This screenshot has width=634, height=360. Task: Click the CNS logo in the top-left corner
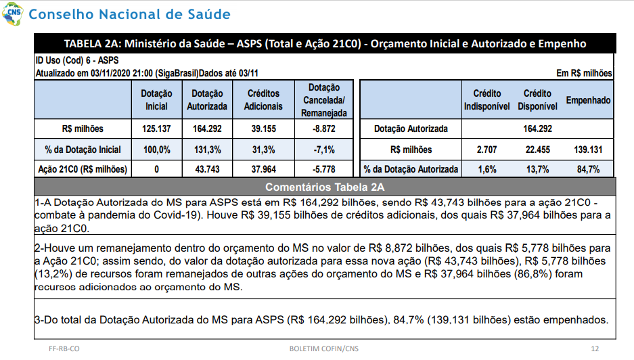pyautogui.click(x=12, y=14)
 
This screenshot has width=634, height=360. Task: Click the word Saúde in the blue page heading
pyautogui.click(x=208, y=14)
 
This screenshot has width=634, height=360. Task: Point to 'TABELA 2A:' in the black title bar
pyautogui.click(x=93, y=44)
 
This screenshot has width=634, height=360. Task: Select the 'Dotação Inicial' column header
pyautogui.click(x=156, y=99)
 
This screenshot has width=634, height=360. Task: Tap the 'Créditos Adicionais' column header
pyautogui.click(x=263, y=99)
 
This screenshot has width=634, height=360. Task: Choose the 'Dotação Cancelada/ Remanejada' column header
pyautogui.click(x=324, y=100)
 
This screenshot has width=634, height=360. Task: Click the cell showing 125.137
pyautogui.click(x=156, y=129)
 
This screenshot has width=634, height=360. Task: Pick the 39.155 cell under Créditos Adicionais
pyautogui.click(x=264, y=129)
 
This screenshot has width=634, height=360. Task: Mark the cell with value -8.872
pyautogui.click(x=324, y=129)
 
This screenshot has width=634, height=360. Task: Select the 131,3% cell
pyautogui.click(x=208, y=150)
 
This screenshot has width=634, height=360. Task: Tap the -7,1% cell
pyautogui.click(x=324, y=150)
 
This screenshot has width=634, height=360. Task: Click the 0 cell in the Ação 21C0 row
pyautogui.click(x=156, y=169)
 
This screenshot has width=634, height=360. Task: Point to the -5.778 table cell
pyautogui.click(x=324, y=169)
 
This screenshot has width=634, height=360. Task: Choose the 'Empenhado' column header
pyautogui.click(x=588, y=100)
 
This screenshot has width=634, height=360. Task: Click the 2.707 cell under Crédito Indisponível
pyautogui.click(x=486, y=150)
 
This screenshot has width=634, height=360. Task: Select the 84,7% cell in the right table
pyautogui.click(x=588, y=169)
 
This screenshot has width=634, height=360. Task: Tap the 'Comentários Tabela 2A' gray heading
pyautogui.click(x=325, y=187)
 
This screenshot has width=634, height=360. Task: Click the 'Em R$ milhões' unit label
pyautogui.click(x=584, y=73)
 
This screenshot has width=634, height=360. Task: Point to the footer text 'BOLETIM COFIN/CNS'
pyautogui.click(x=324, y=348)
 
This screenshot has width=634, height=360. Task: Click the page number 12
pyautogui.click(x=595, y=348)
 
